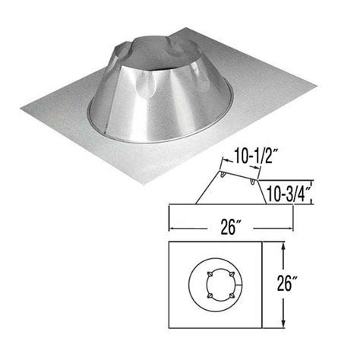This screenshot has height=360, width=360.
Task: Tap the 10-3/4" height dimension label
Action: (x=288, y=194)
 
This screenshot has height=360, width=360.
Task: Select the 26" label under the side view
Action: (x=229, y=228)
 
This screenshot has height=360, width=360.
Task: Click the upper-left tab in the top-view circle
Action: (x=210, y=274)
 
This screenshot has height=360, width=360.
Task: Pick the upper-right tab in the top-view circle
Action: (x=231, y=274)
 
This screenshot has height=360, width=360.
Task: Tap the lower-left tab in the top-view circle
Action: (x=210, y=295)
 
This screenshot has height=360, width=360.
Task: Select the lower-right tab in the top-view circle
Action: (x=231, y=295)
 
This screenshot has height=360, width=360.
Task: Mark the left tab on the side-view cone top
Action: (x=223, y=175)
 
